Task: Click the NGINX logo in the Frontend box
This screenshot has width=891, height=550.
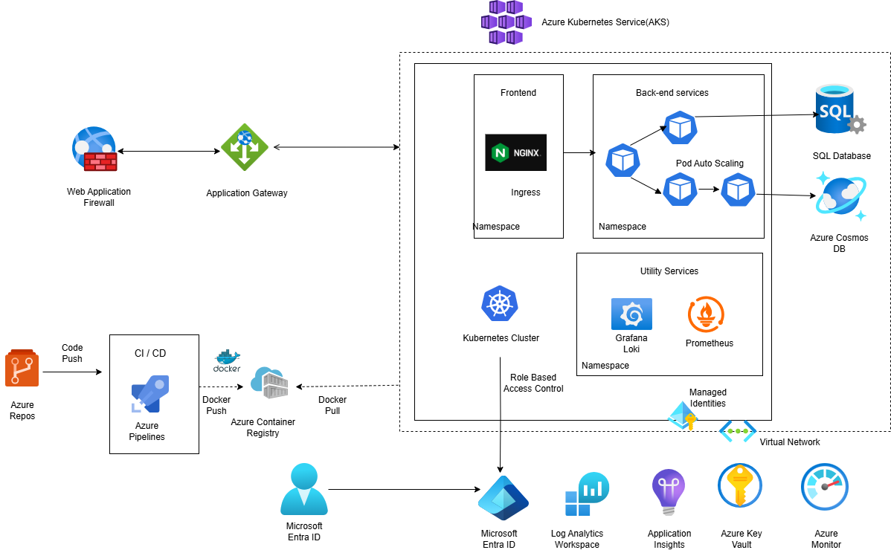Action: tap(515, 152)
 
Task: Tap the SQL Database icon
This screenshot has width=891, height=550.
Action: tap(839, 110)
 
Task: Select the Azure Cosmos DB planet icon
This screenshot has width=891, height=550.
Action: tap(840, 195)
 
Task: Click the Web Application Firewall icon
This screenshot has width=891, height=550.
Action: tap(94, 150)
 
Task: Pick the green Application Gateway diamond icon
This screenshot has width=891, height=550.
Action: tap(244, 147)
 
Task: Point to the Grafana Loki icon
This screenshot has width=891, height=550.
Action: tap(631, 314)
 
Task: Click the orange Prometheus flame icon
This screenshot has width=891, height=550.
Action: tap(707, 314)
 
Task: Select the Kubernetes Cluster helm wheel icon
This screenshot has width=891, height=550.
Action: tap(500, 304)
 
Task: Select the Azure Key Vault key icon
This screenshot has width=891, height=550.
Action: tap(740, 487)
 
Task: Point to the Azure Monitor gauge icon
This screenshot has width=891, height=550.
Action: tap(825, 488)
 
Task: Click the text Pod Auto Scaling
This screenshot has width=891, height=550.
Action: tap(710, 164)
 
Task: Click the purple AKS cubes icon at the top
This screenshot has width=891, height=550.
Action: tap(506, 22)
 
